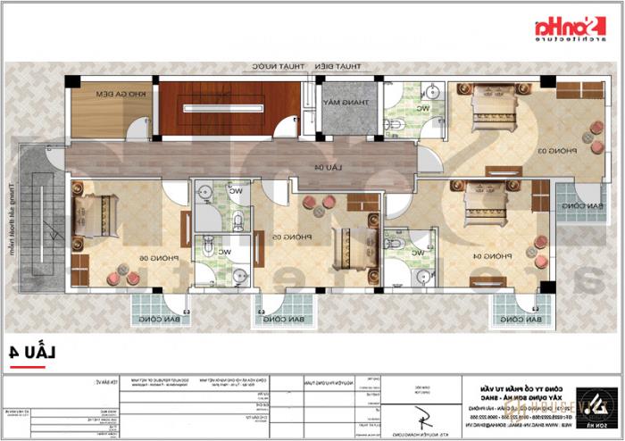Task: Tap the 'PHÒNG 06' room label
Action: point(144,257)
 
